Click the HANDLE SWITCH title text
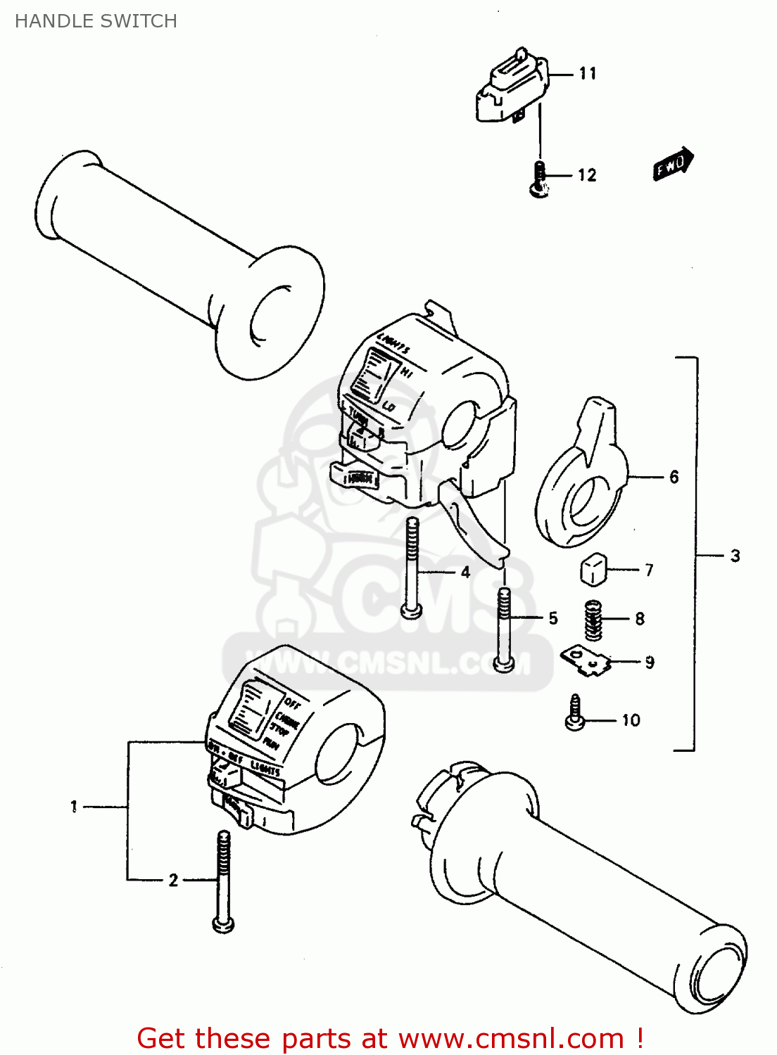tap(96, 21)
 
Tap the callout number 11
tap(588, 74)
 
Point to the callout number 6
tap(674, 478)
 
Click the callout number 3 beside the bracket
tap(735, 556)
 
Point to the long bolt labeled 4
tap(412, 566)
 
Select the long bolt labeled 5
tap(503, 629)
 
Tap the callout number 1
tap(74, 807)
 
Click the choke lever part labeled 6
tap(581, 485)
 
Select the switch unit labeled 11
tap(511, 87)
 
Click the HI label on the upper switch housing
tap(406, 373)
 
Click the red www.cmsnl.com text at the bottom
tap(512, 1038)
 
